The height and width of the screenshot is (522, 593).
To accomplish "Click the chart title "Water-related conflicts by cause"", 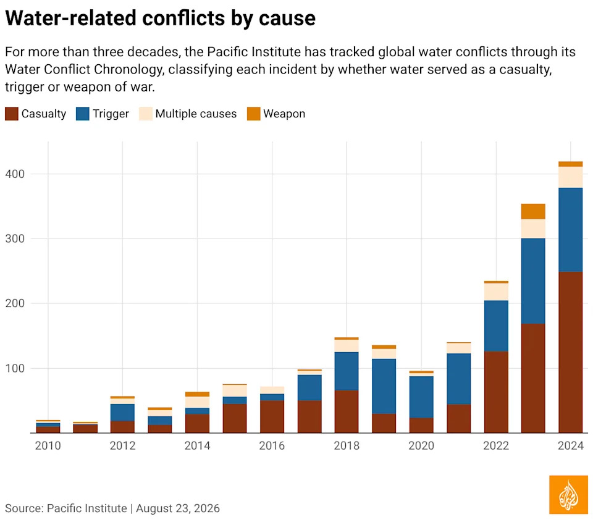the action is (161, 18).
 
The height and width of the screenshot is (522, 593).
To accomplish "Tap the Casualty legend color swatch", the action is (12, 114).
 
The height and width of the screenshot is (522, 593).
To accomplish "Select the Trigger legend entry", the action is (102, 114).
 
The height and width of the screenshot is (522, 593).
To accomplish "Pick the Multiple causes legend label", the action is (196, 114).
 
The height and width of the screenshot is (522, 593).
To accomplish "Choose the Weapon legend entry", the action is (276, 114).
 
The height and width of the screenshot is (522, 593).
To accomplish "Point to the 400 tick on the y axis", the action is (15, 174).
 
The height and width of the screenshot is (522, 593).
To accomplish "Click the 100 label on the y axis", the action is (15, 368).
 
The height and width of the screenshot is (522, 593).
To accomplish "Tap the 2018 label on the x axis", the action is (347, 445).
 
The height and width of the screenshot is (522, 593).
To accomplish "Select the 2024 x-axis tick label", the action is (571, 445).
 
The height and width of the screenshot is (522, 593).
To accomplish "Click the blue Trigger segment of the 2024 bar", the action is (571, 230).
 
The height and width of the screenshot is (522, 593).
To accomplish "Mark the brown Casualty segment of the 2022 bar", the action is (496, 392).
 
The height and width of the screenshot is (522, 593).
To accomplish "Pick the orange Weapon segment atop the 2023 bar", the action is (533, 211).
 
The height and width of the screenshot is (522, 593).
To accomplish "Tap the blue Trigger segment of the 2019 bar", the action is (384, 386).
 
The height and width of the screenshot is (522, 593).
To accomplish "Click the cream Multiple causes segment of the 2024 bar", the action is (571, 177).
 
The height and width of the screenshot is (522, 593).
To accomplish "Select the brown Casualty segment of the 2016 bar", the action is (272, 416).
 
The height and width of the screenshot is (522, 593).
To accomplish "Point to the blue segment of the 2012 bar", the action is (122, 413).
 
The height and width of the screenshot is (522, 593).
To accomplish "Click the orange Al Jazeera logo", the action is (568, 495).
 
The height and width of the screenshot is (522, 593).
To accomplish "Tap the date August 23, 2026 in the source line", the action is (178, 508).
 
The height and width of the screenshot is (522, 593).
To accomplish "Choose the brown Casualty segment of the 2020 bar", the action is (421, 425).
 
